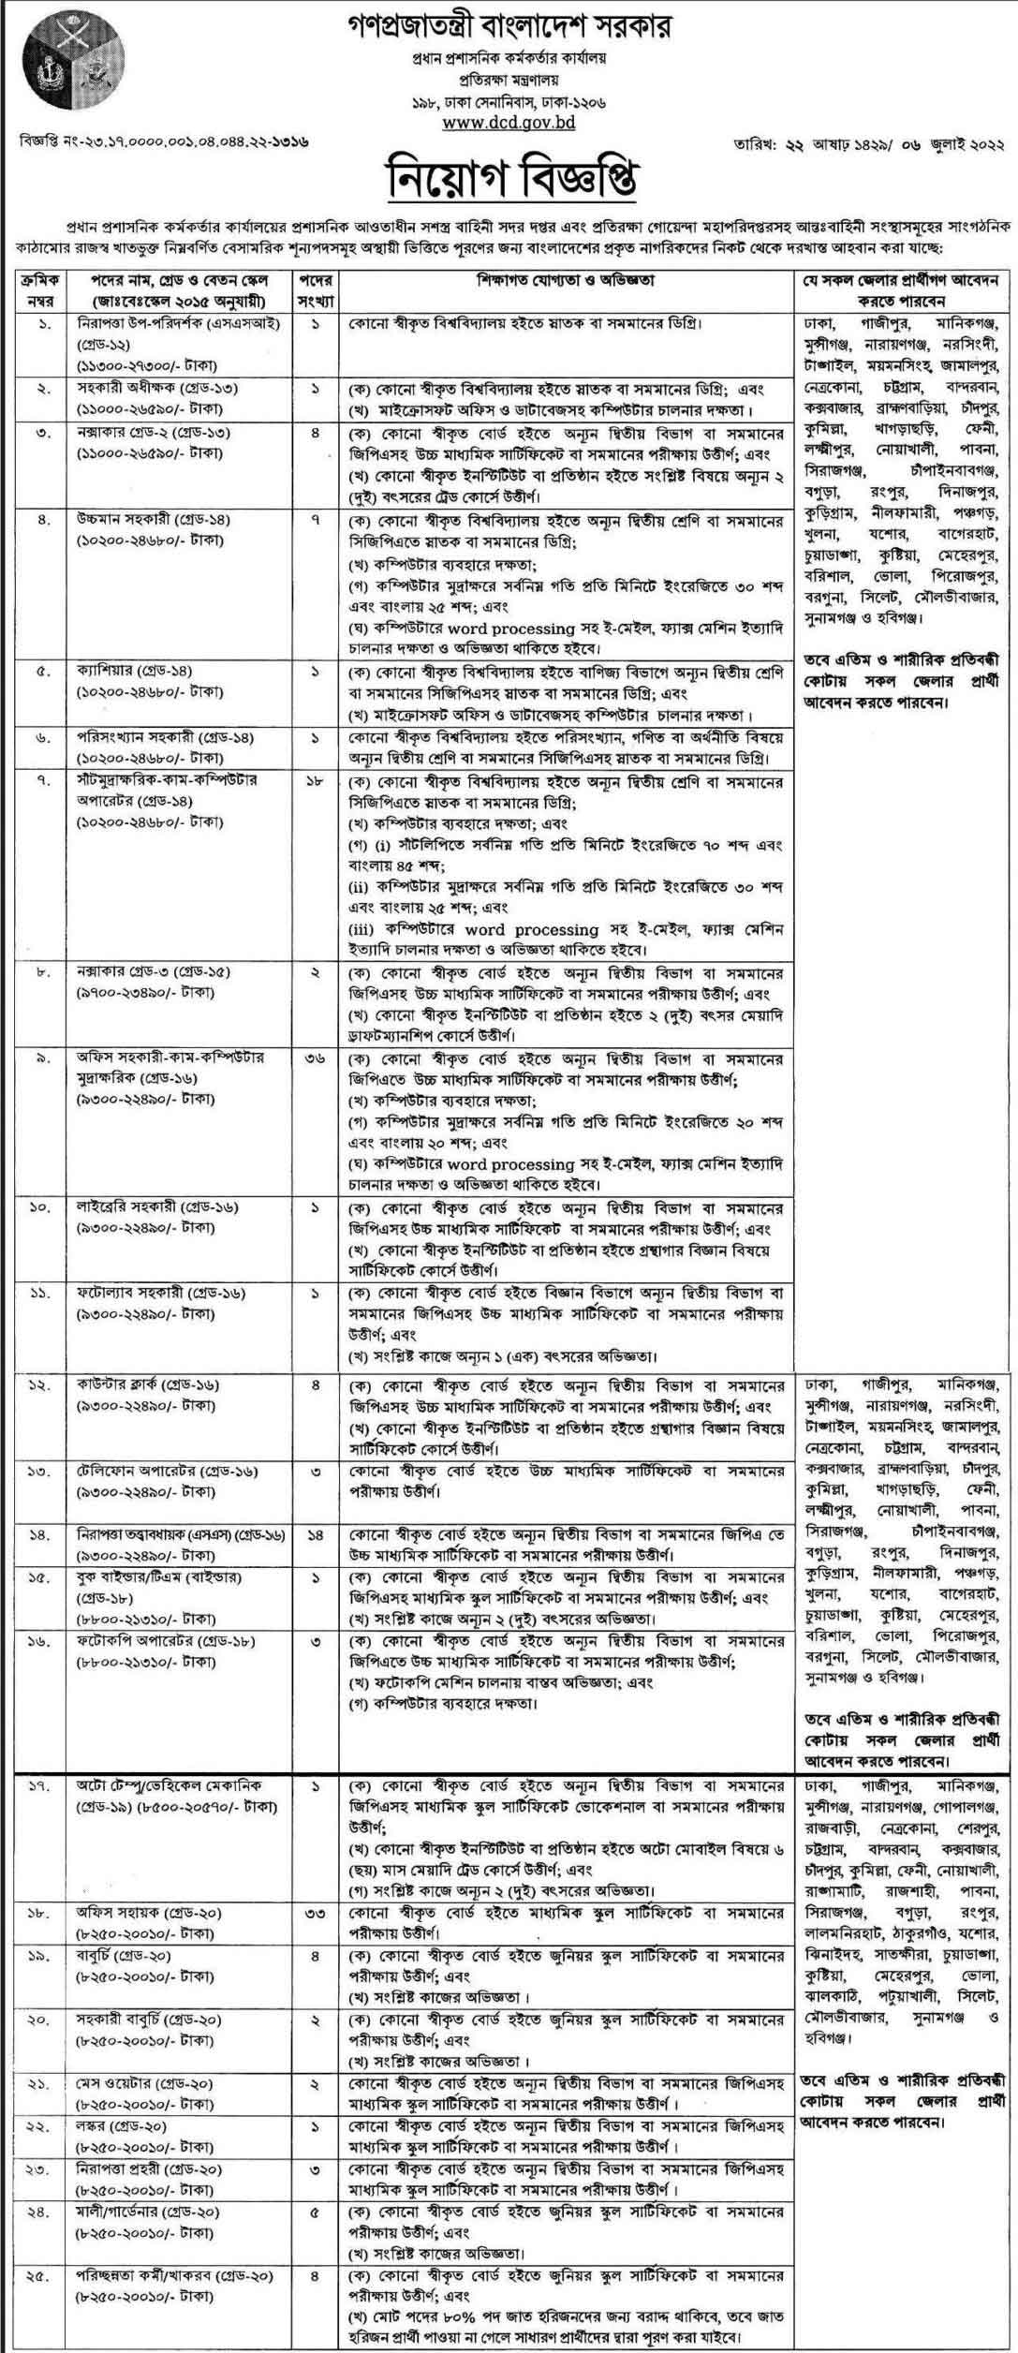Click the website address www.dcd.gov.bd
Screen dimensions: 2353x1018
[x=509, y=122]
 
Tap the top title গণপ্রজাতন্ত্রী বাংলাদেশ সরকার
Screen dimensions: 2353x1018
[x=509, y=22]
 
